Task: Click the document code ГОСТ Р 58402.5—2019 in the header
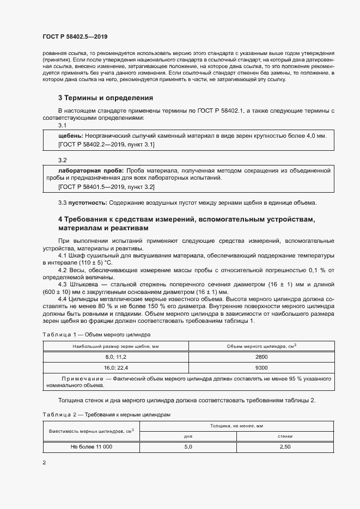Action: click(x=75, y=37)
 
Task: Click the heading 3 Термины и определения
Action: click(x=105, y=98)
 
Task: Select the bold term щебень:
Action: click(x=70, y=136)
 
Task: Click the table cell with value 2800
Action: click(x=261, y=357)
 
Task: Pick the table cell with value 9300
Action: click(x=261, y=367)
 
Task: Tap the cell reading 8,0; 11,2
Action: click(x=115, y=357)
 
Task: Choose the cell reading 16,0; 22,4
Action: click(x=115, y=367)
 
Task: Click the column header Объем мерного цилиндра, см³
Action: click(x=261, y=346)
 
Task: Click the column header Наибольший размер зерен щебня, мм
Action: click(x=115, y=346)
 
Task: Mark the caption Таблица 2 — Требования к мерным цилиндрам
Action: click(x=107, y=414)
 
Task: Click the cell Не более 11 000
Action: click(x=91, y=446)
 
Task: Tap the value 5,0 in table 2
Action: click(x=188, y=446)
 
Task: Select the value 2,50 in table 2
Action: click(x=284, y=446)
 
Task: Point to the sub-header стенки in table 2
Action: click(x=284, y=436)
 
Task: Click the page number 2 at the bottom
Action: click(x=44, y=463)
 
